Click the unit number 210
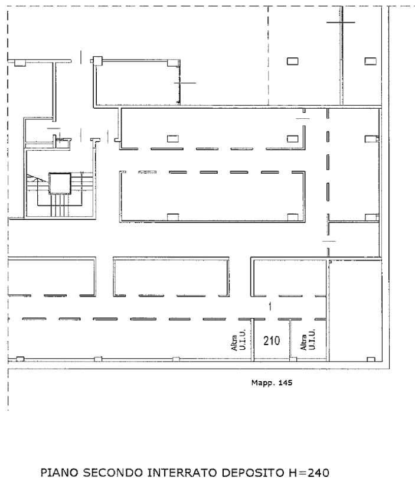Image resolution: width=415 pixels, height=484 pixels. pos(272,341)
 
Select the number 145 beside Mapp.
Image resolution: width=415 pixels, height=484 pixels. pos(285,383)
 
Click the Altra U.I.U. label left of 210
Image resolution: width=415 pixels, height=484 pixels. pos(238,340)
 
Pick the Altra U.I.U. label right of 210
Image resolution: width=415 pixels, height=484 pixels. pos(308,340)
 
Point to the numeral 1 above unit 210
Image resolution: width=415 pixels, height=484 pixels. pos(270,307)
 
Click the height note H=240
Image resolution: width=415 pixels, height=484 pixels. pos(309,473)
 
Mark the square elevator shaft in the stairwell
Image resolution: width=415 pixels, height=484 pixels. pos(60,183)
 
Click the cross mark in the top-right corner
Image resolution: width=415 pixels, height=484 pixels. pos(341,22)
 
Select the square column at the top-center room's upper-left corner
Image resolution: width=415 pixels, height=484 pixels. pos(98,61)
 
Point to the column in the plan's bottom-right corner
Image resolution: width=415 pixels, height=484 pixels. pos(371,359)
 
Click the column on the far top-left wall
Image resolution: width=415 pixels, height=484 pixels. pos(20,63)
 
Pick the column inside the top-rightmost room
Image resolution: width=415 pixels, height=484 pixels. pos(370,61)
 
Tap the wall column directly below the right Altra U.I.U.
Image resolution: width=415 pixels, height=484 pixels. pos(293,359)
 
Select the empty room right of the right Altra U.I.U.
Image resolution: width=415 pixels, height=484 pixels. pos(355,310)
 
